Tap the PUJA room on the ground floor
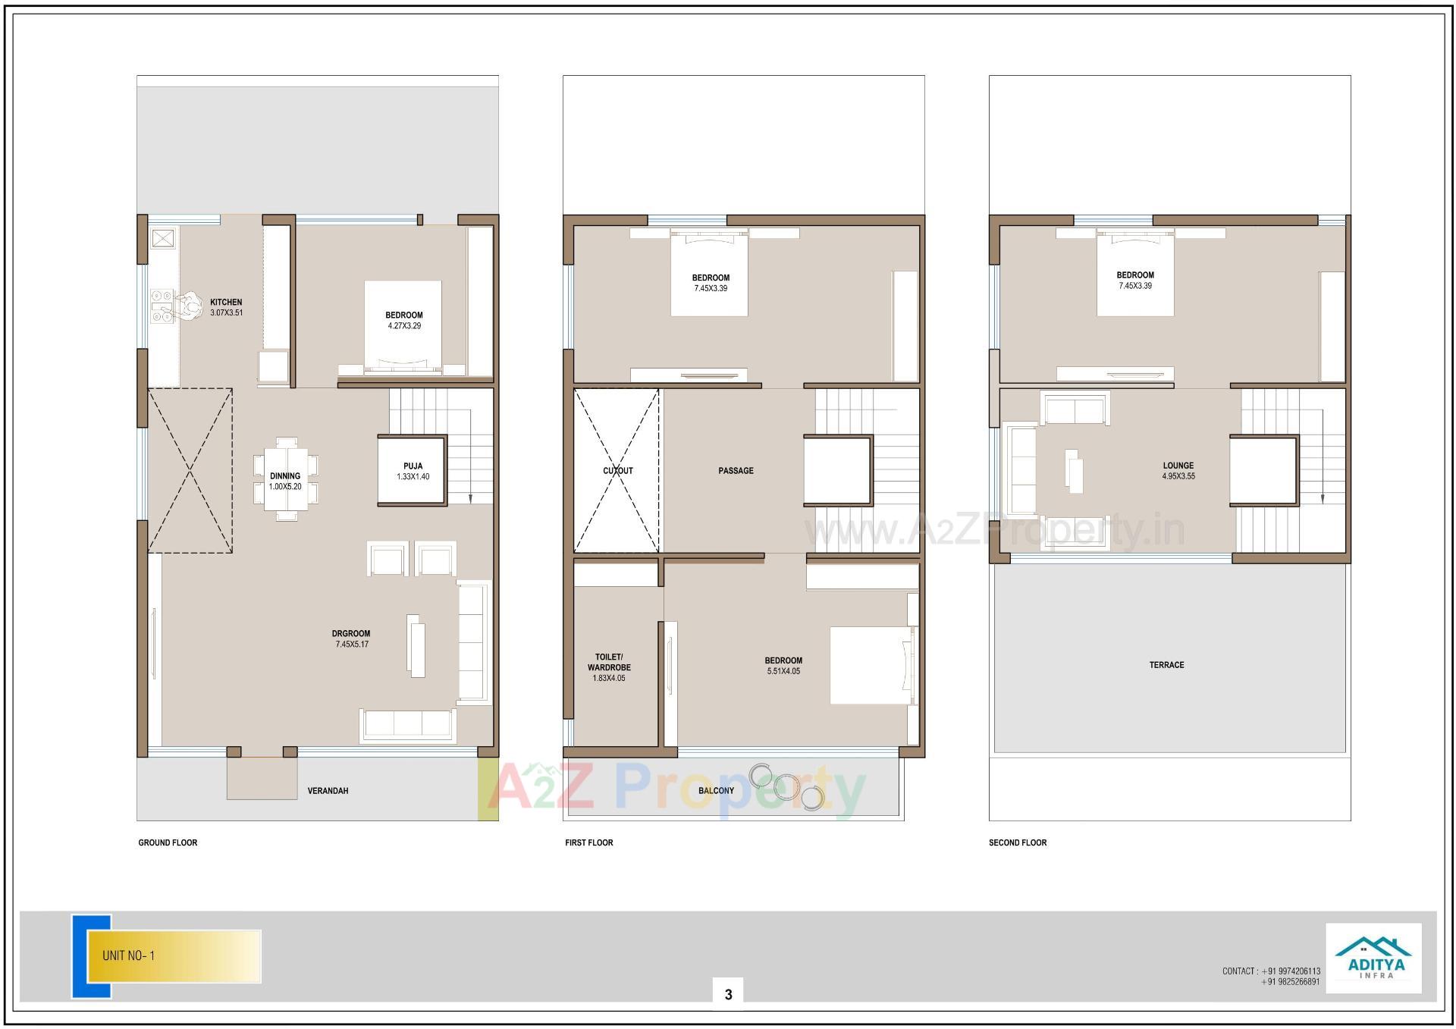click(413, 471)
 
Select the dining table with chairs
click(285, 480)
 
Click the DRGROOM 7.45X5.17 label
click(352, 638)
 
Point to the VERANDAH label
click(328, 791)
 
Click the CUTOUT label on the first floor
click(618, 471)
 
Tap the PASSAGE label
click(736, 471)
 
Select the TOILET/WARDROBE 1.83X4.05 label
click(609, 667)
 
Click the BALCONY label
click(716, 791)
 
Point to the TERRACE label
click(1166, 665)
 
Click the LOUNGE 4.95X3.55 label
click(1178, 471)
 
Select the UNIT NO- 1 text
click(129, 955)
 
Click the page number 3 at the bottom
click(728, 994)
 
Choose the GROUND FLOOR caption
click(168, 842)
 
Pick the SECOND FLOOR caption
click(1017, 842)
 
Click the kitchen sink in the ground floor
click(162, 240)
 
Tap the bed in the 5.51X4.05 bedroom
click(872, 665)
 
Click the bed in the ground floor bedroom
click(403, 326)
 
